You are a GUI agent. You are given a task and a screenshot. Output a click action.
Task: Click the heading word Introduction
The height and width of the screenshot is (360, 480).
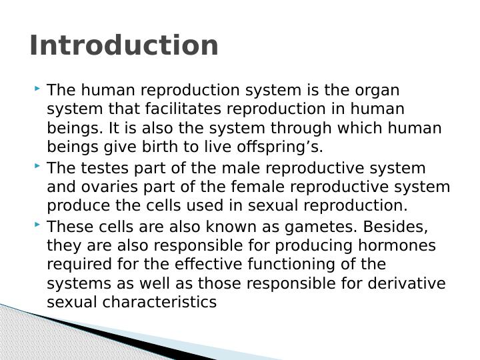tap(124, 46)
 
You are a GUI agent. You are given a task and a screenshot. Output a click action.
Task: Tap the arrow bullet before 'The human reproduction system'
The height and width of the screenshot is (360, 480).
tap(37, 89)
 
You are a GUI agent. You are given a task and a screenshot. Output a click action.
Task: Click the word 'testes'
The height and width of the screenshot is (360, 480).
tap(108, 168)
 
